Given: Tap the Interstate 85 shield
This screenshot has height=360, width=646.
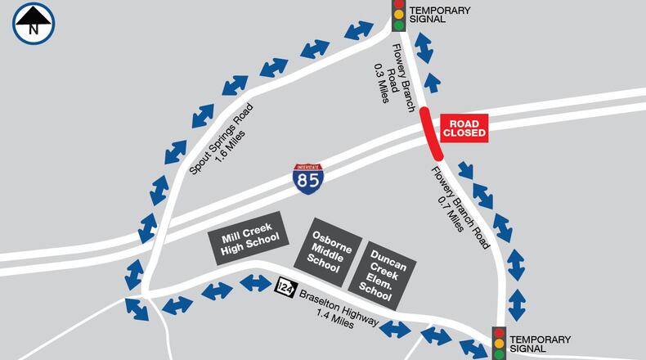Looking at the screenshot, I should [x=308, y=178].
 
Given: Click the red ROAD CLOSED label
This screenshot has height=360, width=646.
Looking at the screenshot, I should [x=464, y=128].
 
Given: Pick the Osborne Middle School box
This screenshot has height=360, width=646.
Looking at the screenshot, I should [x=331, y=250].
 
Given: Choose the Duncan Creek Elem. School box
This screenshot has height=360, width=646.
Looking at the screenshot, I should [x=383, y=268].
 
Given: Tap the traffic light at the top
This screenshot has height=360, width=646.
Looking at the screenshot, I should [x=399, y=15].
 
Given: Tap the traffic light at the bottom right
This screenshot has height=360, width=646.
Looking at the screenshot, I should [x=499, y=343].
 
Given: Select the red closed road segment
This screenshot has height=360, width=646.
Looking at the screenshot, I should [x=431, y=132].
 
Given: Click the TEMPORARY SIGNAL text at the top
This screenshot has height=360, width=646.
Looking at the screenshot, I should [x=442, y=14].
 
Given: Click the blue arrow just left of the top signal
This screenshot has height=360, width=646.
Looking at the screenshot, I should [x=360, y=31].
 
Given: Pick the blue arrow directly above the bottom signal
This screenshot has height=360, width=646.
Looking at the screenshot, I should [x=518, y=304].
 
